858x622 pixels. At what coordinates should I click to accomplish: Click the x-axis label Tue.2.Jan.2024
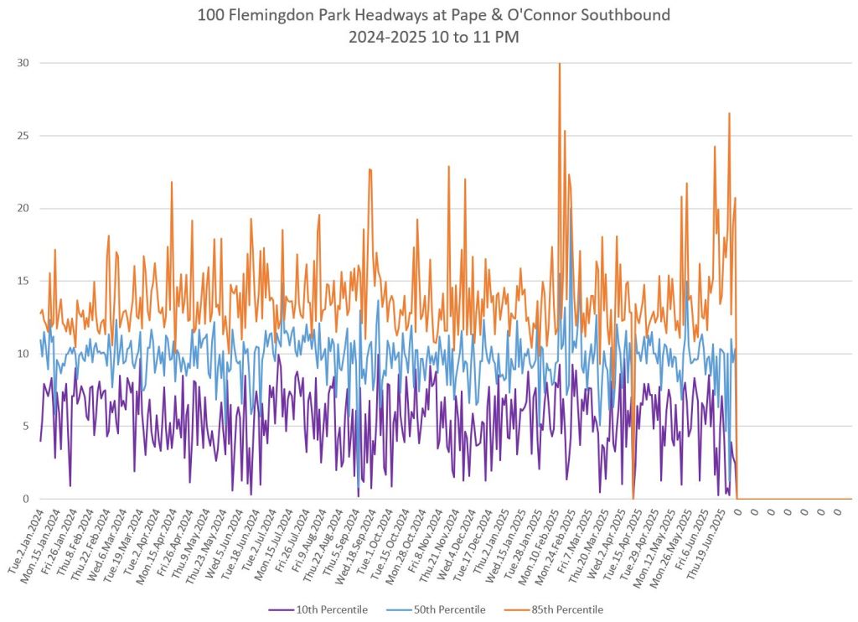[x=25, y=542]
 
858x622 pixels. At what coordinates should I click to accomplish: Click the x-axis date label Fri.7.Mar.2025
[x=576, y=540]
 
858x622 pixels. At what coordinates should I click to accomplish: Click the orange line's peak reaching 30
[x=559, y=64]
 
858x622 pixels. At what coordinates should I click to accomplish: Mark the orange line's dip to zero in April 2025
[x=633, y=498]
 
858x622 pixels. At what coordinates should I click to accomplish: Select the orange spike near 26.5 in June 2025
[x=729, y=113]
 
